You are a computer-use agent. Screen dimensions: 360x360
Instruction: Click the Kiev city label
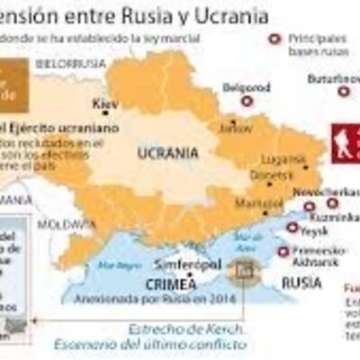105,103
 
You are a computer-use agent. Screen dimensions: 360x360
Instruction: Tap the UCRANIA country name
167,153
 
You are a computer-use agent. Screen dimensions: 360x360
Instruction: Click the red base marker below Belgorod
247,102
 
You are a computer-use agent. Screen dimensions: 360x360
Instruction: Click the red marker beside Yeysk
291,228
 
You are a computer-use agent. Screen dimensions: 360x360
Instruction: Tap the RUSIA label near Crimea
300,281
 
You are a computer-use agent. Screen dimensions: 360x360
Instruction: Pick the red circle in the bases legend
274,39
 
